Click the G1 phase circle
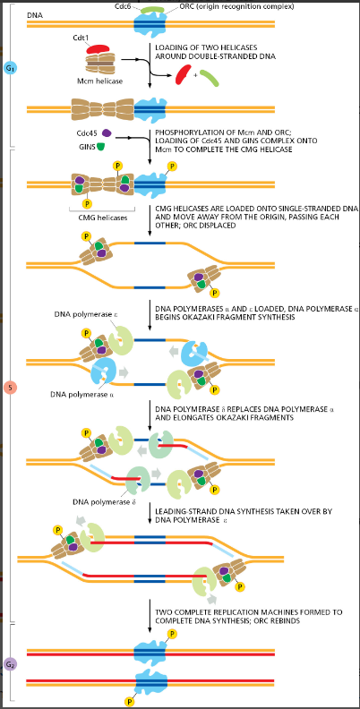click(10, 68)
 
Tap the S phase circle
click(10, 388)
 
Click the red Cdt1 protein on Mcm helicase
click(97, 49)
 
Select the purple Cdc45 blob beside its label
click(107, 132)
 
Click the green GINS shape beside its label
click(102, 146)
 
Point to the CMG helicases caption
click(101, 218)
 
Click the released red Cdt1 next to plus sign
click(184, 74)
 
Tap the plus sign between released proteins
click(196, 75)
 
